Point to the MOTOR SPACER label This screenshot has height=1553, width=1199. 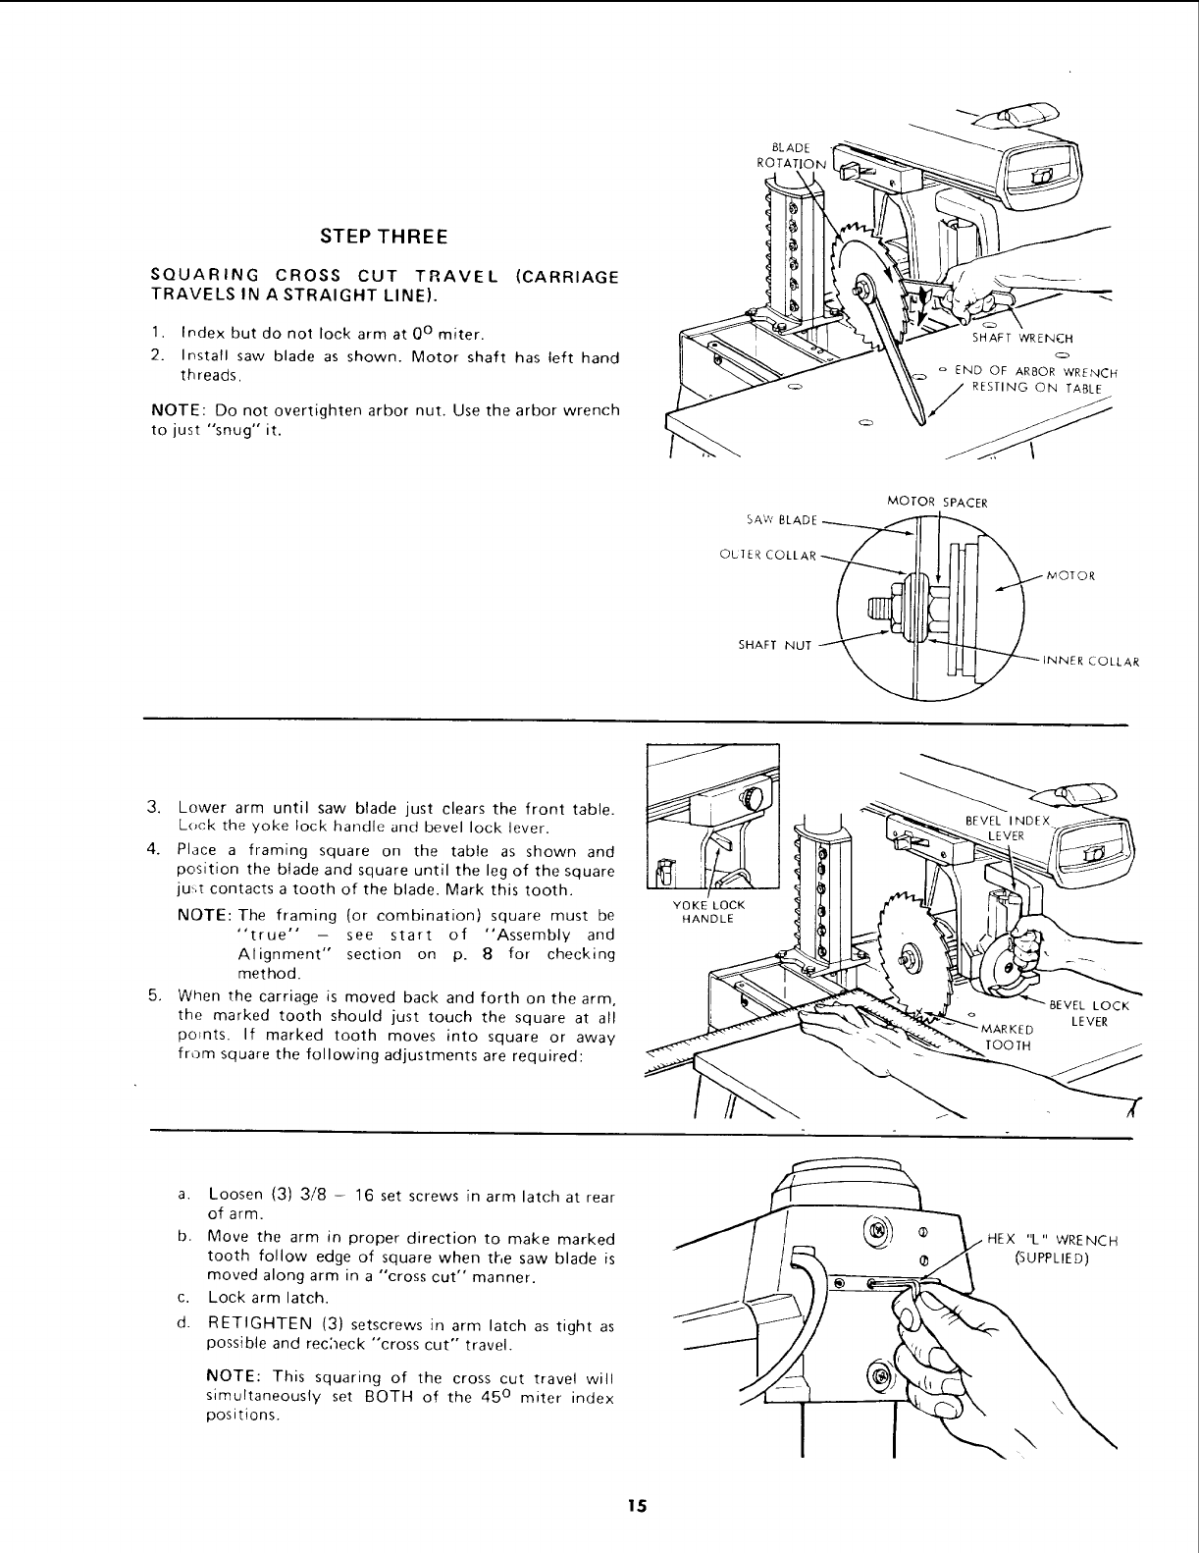[936, 502]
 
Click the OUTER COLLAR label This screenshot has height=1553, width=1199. [767, 555]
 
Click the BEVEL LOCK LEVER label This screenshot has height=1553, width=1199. [1089, 1012]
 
